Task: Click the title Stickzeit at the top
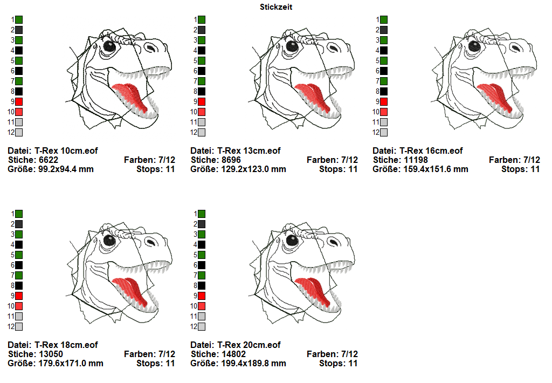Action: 276,7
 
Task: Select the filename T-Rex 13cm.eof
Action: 249,151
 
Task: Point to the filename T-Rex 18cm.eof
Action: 66,345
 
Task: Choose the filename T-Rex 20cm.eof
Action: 249,345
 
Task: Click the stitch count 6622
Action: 49,160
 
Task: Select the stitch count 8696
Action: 231,160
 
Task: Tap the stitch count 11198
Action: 415,160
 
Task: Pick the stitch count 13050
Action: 51,354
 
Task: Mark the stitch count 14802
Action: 233,354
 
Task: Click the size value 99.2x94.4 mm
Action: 62,169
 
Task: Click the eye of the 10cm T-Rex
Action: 109,46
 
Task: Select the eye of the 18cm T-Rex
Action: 109,240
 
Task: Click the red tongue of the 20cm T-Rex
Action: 309,286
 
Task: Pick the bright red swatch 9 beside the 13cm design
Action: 201,101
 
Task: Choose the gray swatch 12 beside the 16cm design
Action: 383,132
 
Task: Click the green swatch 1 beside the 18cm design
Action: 19,214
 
